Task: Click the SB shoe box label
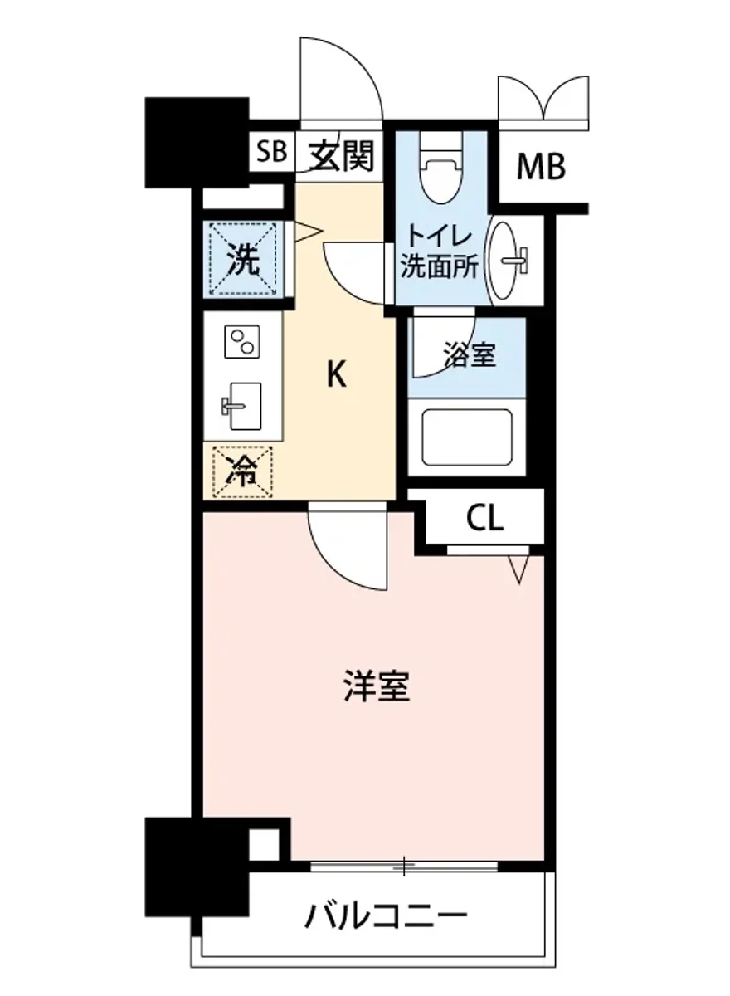270,152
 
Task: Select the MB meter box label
541,167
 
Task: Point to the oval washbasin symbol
507,259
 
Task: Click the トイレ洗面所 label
439,251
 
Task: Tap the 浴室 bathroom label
469,355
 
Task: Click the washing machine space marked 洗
243,260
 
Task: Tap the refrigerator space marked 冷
242,473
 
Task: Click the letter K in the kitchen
335,376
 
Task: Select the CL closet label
484,519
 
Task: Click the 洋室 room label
377,687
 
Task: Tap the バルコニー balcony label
386,916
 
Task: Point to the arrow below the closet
519,569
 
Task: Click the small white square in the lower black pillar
263,845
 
